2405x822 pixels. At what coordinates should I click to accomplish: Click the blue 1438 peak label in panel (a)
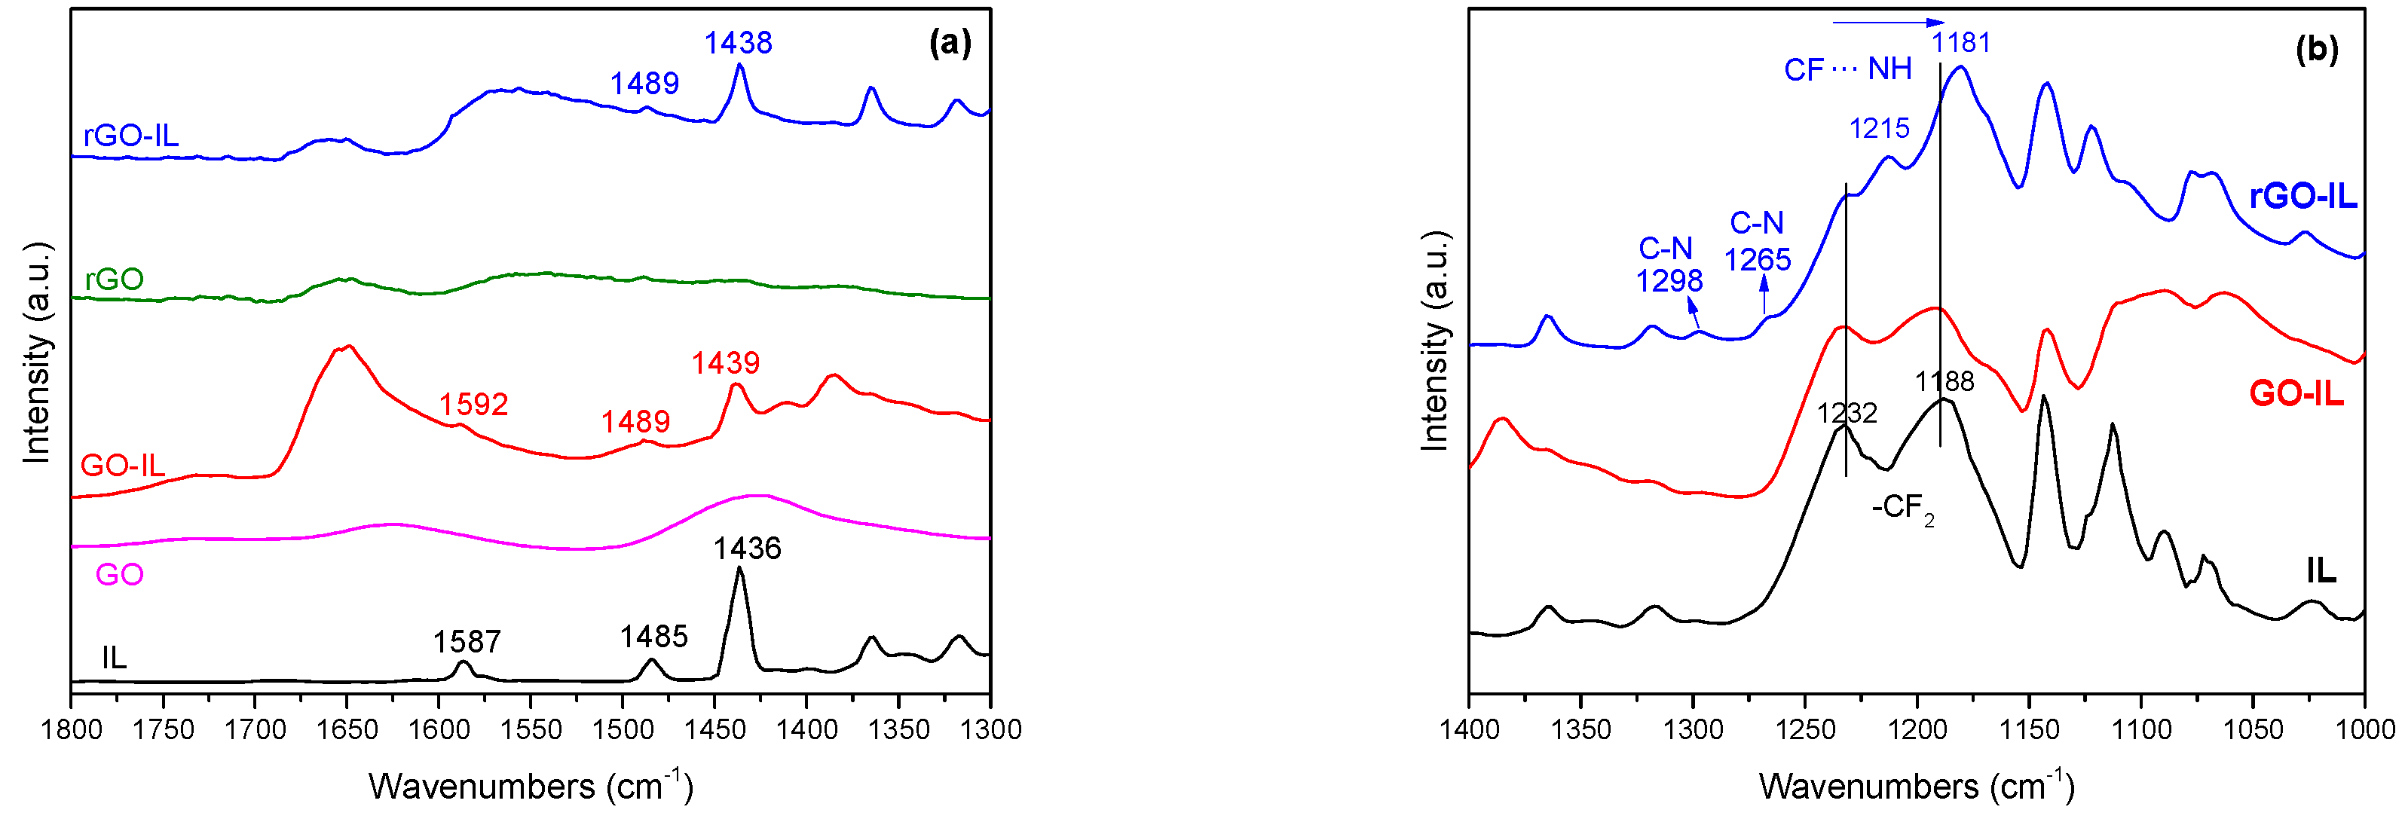tap(738, 43)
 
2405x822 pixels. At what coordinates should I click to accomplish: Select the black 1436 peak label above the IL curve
tap(747, 549)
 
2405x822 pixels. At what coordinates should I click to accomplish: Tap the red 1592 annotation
tap(473, 404)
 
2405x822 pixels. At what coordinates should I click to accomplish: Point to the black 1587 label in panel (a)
tap(467, 642)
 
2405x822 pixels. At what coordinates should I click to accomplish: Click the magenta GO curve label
tap(120, 575)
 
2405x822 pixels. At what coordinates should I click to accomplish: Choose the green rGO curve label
tap(114, 279)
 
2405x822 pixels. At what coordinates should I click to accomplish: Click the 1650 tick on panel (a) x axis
tap(347, 729)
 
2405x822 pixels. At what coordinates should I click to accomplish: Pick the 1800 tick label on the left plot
tap(72, 729)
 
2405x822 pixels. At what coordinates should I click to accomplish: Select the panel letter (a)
tap(950, 43)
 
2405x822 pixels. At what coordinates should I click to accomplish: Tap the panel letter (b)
tap(2316, 50)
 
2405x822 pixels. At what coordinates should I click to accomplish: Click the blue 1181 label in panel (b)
tap(1960, 43)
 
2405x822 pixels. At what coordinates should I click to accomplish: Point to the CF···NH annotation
tap(1847, 69)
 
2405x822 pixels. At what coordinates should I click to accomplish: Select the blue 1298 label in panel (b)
tap(1669, 280)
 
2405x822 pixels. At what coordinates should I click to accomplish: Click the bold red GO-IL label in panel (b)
tap(2296, 394)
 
